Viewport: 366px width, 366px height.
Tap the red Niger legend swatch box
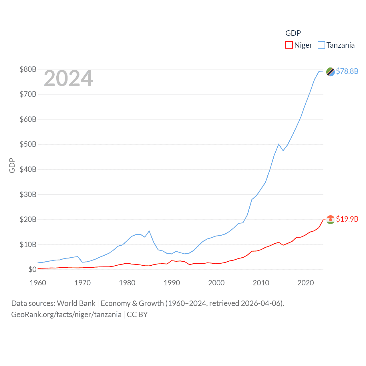coord(289,45)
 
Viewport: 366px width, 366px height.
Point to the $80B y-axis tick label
coord(28,69)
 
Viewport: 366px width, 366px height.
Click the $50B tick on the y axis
coord(28,144)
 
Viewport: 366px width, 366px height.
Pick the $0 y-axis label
coord(32,269)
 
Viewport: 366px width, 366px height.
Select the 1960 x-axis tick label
coord(38,283)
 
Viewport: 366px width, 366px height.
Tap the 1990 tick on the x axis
coord(172,283)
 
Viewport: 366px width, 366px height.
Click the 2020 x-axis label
coord(305,283)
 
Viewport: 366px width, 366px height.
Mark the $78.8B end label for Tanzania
coord(347,71)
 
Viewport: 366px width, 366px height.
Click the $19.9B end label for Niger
coord(347,219)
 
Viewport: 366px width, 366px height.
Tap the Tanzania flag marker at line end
coord(330,72)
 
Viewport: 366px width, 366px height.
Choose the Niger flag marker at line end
coord(330,220)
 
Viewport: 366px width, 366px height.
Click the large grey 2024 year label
coord(68,78)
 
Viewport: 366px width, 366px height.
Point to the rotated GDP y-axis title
coord(12,165)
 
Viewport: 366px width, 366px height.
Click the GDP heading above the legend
coord(293,33)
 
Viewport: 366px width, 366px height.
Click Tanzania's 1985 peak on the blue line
coord(149,231)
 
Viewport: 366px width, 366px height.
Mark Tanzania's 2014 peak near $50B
coord(279,144)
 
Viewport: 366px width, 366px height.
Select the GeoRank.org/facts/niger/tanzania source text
coord(66,315)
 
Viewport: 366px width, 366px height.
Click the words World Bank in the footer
coord(76,303)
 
